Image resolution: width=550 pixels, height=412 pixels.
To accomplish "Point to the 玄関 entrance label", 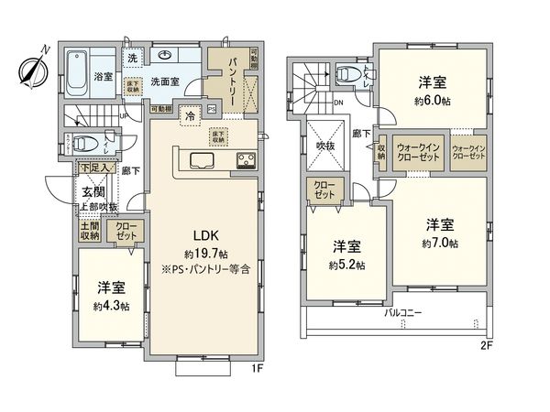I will [x=93, y=191].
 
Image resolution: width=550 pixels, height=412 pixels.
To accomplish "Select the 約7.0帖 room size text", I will [x=440, y=244].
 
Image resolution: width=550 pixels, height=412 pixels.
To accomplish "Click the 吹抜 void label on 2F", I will [x=324, y=144].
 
